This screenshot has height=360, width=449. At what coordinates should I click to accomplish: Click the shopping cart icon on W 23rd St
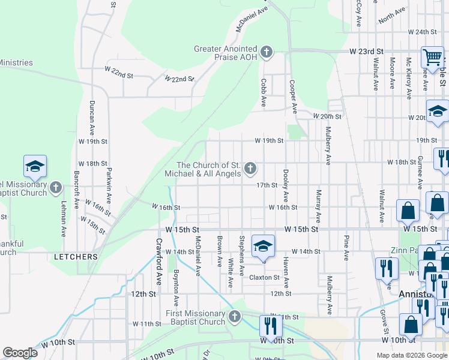pyautogui.click(x=432, y=58)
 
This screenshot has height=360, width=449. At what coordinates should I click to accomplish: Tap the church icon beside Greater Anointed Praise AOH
pyautogui.click(x=267, y=53)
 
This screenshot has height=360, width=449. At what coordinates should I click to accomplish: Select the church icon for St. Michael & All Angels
pyautogui.click(x=250, y=169)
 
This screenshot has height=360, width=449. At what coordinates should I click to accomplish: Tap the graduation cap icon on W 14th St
pyautogui.click(x=262, y=246)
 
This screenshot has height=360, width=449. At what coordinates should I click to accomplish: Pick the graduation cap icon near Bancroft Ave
pyautogui.click(x=35, y=167)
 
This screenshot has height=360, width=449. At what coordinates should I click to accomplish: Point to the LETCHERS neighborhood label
pyautogui.click(x=76, y=257)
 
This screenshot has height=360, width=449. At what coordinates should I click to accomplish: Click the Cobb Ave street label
pyautogui.click(x=263, y=93)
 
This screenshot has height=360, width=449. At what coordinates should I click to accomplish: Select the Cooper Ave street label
pyautogui.click(x=294, y=97)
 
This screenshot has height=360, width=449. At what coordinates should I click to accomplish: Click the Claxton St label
pyautogui.click(x=265, y=278)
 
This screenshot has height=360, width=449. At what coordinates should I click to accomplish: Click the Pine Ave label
pyautogui.click(x=346, y=247)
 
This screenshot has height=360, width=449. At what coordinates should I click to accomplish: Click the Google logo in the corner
pyautogui.click(x=20, y=353)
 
